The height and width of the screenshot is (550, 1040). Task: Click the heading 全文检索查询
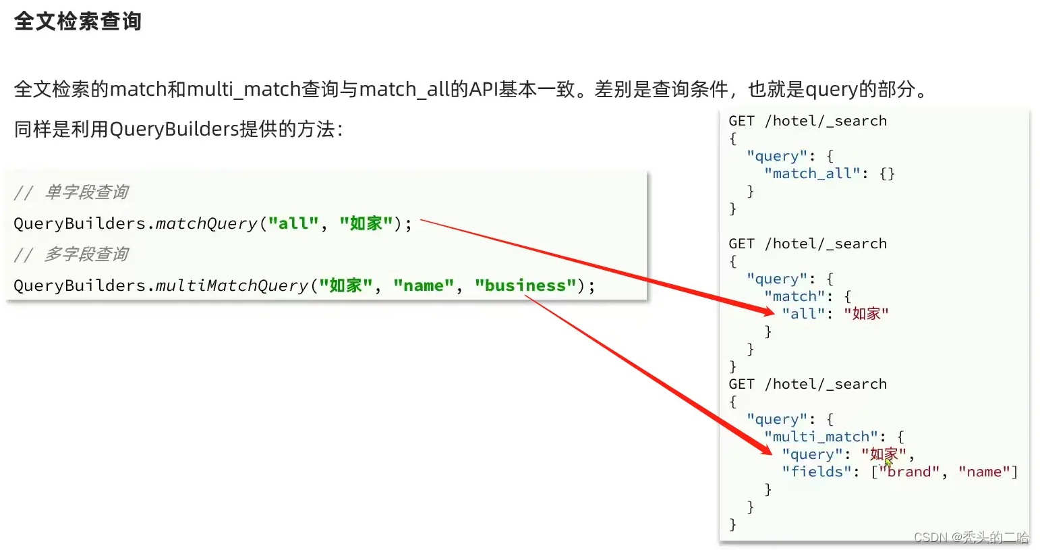click(x=78, y=22)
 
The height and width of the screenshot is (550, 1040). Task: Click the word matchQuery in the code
click(x=206, y=223)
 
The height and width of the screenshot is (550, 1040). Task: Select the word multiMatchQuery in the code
click(x=232, y=285)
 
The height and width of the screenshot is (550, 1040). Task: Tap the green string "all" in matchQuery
click(x=293, y=223)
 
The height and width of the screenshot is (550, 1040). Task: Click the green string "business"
click(x=525, y=285)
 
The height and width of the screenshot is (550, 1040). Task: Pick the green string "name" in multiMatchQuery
click(x=424, y=285)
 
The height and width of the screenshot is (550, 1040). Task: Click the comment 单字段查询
click(x=86, y=192)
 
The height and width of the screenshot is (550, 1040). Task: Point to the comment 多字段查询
click(x=86, y=254)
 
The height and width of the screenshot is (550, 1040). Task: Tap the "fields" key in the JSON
click(x=817, y=472)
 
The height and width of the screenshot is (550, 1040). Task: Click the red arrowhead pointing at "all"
click(x=768, y=311)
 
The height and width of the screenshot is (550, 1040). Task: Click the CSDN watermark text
click(x=971, y=537)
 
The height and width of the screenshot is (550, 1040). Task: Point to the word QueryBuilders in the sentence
click(x=174, y=129)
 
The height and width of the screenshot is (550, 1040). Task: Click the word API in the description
click(x=484, y=89)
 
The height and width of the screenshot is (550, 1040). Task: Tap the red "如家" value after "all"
click(x=866, y=314)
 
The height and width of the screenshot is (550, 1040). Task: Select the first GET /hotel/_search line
click(x=807, y=121)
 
